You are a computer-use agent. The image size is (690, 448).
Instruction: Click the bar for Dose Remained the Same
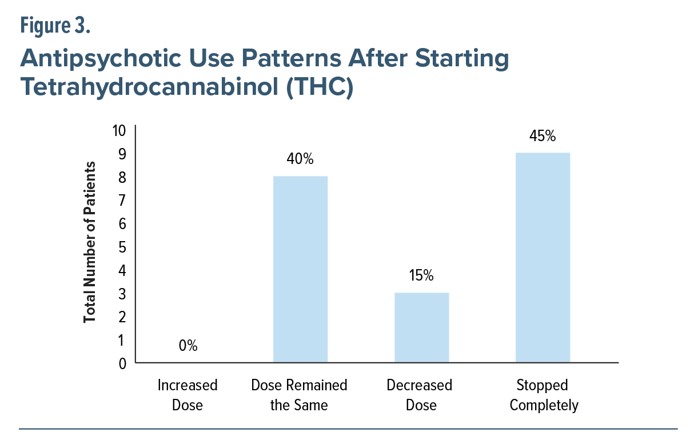point(300,269)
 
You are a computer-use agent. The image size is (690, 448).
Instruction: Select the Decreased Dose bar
point(422,327)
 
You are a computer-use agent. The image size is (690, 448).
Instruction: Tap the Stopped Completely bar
point(543,257)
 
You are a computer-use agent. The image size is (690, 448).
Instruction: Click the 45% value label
point(543,136)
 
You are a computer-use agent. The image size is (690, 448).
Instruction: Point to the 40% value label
point(300,159)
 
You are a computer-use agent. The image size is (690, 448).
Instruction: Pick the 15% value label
point(421,275)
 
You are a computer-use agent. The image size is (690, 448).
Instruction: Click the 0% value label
point(188,346)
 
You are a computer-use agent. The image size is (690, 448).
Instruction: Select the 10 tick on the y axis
point(119,130)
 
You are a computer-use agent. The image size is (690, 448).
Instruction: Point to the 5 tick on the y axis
point(122,247)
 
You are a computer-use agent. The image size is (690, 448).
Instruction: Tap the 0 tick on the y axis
point(122,364)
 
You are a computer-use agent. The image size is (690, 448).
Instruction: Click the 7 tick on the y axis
point(122,201)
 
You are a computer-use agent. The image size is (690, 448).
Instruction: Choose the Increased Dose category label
point(188,395)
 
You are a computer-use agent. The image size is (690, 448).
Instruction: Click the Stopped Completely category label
point(544,395)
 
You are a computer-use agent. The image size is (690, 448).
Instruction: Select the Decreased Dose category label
point(420,395)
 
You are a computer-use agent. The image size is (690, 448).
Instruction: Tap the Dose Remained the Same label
point(299,395)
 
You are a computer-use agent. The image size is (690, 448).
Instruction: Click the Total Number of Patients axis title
point(90,242)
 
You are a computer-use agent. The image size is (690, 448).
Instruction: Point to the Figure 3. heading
point(55,26)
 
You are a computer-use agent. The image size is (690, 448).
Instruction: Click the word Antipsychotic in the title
point(101,59)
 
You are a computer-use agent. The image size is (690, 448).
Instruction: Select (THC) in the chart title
point(320,87)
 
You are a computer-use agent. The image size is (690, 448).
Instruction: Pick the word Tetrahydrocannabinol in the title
point(149,87)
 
